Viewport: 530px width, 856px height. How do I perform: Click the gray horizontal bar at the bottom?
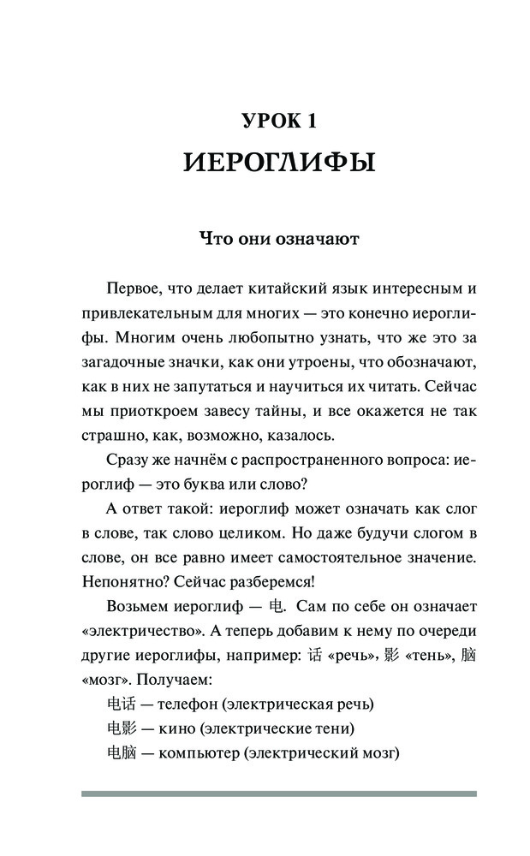click(278, 794)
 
